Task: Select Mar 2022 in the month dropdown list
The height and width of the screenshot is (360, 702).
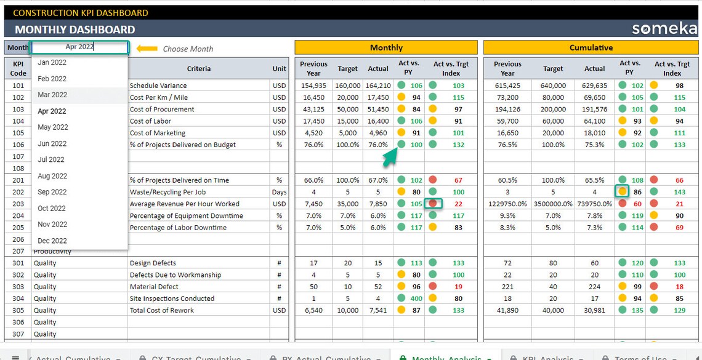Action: [x=52, y=95]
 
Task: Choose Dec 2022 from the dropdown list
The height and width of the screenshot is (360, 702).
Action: [x=52, y=241]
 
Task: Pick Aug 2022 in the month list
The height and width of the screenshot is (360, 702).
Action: [x=52, y=176]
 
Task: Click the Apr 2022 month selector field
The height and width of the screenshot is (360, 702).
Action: [x=79, y=47]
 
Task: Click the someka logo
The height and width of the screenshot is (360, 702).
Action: [x=664, y=29]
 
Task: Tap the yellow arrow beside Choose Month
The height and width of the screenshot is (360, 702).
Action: [x=147, y=49]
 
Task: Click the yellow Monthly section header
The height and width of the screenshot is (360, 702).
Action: [x=385, y=47]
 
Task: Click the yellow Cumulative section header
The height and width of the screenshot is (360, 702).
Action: [x=591, y=47]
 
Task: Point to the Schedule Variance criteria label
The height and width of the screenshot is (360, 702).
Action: [x=158, y=86]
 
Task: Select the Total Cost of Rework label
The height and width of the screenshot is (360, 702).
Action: [x=162, y=310]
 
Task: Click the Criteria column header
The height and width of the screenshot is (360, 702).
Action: [x=198, y=68]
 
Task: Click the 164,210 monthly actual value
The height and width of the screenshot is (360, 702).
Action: [x=377, y=86]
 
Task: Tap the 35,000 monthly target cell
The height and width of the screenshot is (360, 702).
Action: [x=347, y=204]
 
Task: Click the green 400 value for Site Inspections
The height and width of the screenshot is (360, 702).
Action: [x=416, y=298]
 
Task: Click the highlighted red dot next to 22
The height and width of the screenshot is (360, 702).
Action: [x=433, y=204]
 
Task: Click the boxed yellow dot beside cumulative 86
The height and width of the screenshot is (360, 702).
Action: [x=622, y=192]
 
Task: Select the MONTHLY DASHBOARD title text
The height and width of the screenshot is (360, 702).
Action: [x=75, y=29]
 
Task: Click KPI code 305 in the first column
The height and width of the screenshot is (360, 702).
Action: [x=18, y=310]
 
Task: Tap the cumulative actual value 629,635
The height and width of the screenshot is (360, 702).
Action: [x=594, y=86]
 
